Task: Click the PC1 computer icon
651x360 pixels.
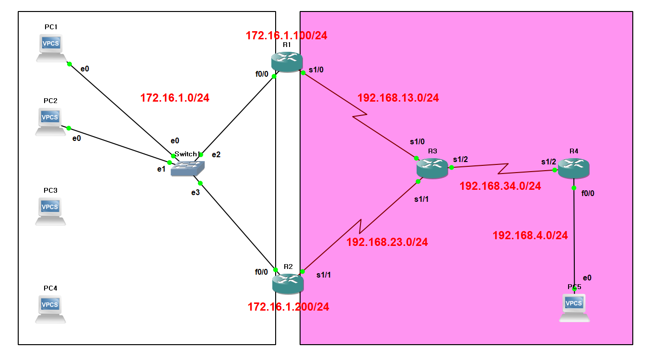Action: [51, 47]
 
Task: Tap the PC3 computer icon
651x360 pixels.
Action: [50, 210]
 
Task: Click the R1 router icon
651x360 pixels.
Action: [287, 61]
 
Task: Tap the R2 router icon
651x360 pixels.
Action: [288, 283]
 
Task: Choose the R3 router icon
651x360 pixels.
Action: [432, 168]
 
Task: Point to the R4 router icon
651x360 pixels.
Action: [573, 168]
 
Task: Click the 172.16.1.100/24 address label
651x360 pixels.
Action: [286, 35]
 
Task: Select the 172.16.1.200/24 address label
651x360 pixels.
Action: [288, 307]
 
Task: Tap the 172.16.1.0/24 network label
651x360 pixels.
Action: [174, 98]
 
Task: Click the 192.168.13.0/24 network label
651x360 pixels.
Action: [398, 98]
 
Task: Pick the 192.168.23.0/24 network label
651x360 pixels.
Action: [387, 242]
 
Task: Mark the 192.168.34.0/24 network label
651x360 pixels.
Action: [500, 186]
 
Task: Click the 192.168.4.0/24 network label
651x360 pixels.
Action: [530, 235]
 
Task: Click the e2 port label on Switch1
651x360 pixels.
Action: [216, 154]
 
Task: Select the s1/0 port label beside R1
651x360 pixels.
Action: [316, 70]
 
